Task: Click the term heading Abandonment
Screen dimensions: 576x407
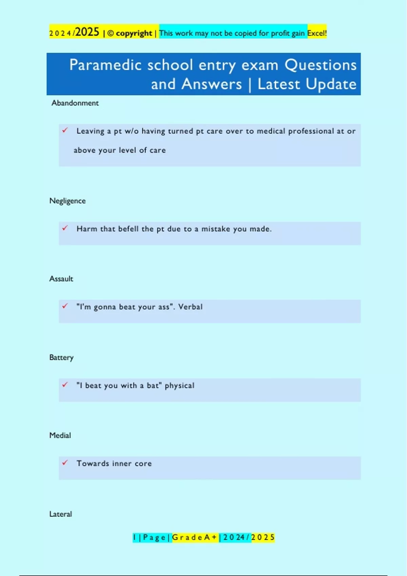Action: pos(75,103)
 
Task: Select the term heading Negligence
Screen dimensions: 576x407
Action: pos(67,201)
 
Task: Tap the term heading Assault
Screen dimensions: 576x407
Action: pos(61,279)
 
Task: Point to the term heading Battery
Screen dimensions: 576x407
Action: pos(61,357)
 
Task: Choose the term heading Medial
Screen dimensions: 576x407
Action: pos(60,435)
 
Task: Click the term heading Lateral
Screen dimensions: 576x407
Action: pos(61,514)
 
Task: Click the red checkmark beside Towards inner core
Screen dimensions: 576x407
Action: pos(65,462)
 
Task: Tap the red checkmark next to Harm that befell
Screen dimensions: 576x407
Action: pos(65,228)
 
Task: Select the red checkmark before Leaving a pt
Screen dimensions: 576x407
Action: pos(65,130)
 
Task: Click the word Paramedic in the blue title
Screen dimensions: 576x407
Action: pos(105,65)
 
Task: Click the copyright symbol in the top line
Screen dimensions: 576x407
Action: pos(110,34)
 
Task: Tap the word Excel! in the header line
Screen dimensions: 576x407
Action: pos(317,33)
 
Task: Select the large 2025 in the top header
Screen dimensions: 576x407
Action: pos(87,32)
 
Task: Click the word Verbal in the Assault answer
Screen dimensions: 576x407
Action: pos(190,307)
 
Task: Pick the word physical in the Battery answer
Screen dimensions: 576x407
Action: pos(179,386)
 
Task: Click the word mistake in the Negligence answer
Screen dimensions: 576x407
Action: pos(216,229)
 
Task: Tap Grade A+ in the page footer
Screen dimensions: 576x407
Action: pos(195,537)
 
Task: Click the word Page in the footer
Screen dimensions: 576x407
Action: pos(154,537)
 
